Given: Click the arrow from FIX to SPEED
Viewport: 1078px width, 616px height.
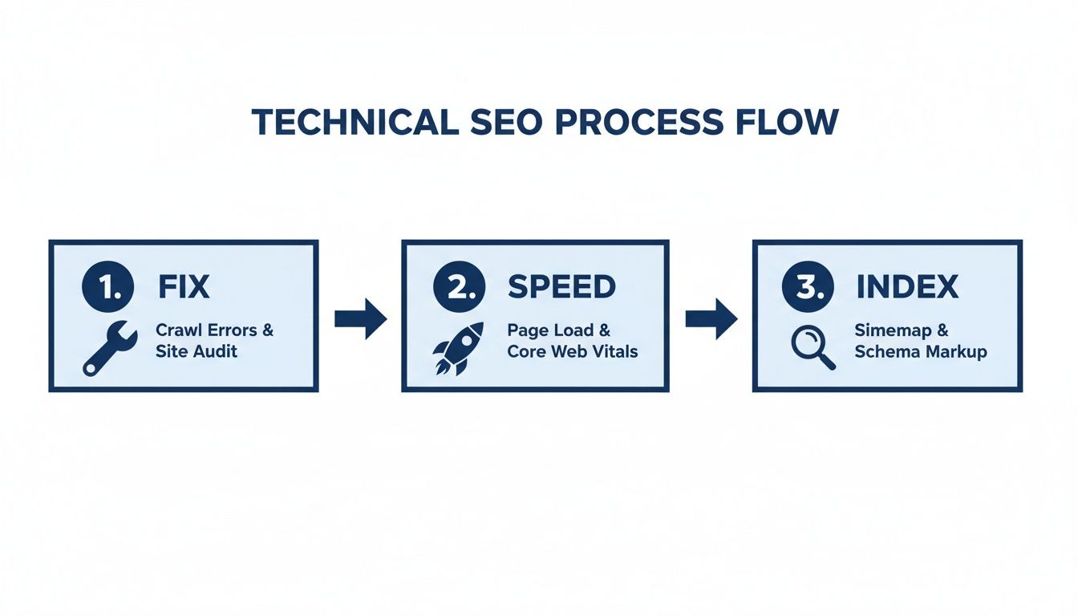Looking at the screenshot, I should pos(360,318).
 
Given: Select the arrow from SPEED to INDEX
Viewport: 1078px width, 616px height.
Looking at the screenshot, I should pos(711,318).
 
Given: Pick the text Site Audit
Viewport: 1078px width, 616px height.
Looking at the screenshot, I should pos(197,352).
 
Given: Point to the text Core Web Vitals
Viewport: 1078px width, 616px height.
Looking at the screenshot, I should pos(571,352).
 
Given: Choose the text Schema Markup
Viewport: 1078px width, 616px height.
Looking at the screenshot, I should pos(920,352).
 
